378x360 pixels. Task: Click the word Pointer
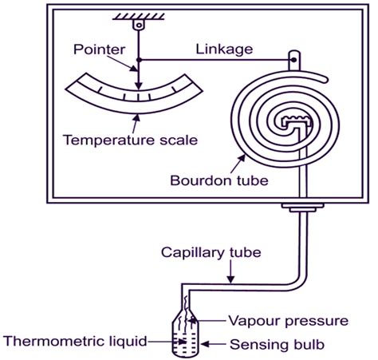pos(99,49)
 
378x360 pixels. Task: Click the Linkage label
pos(224,49)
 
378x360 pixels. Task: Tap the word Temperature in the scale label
pos(109,140)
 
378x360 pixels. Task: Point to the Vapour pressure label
pos(289,321)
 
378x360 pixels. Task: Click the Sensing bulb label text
pos(277,345)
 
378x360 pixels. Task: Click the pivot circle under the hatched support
pos(139,26)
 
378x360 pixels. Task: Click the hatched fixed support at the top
pos(139,17)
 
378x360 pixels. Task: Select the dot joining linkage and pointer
pos(139,60)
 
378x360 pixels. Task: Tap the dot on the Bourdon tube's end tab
pos(293,60)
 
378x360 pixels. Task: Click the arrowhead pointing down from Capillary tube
pos(231,279)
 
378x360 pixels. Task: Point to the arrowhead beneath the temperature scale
pos(137,117)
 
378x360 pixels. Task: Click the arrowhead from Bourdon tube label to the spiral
pos(242,159)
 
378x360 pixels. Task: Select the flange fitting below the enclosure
pos(303,208)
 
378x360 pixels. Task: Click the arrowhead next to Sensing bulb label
pos(205,344)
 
